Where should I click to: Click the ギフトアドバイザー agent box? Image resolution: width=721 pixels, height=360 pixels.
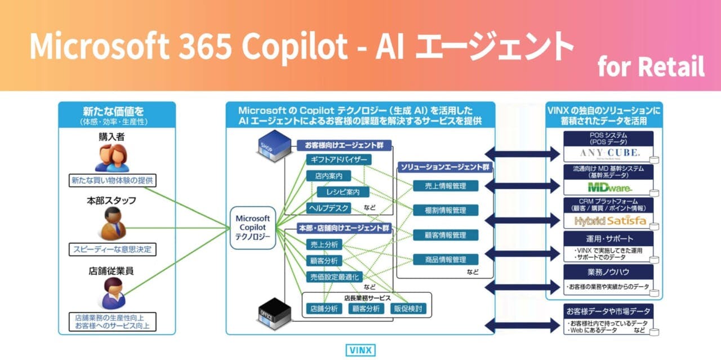point(339,160)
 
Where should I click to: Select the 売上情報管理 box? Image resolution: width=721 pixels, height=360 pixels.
point(446,186)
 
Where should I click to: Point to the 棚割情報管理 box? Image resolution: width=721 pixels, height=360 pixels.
point(446,210)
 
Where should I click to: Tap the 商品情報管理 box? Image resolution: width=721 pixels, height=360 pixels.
point(446,260)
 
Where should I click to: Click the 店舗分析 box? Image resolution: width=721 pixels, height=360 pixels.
point(324,309)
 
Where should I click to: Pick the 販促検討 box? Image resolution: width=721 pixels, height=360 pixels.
point(409,309)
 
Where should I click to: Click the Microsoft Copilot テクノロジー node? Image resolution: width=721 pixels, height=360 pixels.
point(253,228)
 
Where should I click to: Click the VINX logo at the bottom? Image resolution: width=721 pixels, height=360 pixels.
point(360,350)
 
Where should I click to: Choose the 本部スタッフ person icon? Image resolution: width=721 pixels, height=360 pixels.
point(112,224)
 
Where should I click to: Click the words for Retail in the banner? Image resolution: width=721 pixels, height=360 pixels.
point(651,68)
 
